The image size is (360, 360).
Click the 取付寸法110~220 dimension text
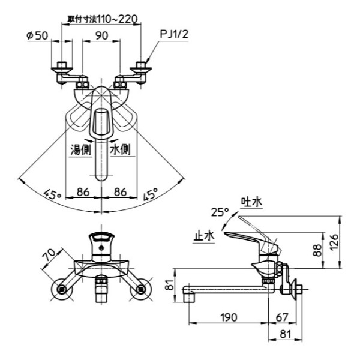click(x=101, y=19)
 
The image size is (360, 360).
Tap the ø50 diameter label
click(x=37, y=36)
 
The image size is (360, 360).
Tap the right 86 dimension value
click(x=120, y=193)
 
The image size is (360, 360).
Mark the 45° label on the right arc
click(x=151, y=194)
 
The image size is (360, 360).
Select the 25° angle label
click(x=220, y=211)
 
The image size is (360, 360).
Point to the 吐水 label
click(x=251, y=202)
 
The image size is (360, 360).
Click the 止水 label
click(x=204, y=236)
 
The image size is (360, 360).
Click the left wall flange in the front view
click(x=62, y=290)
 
